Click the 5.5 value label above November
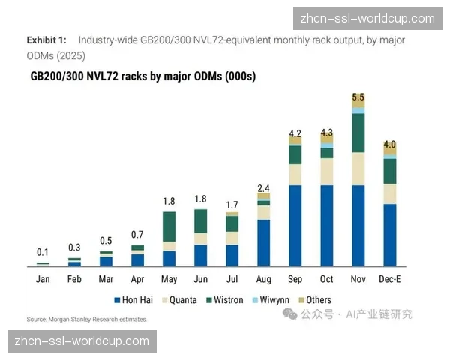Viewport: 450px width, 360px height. pyautogui.click(x=358, y=97)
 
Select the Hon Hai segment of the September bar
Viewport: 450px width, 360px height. pyautogui.click(x=295, y=225)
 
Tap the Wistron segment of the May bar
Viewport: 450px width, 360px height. pyautogui.click(x=169, y=226)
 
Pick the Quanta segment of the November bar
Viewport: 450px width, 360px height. pyautogui.click(x=358, y=169)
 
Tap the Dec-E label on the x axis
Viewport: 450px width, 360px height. pyautogui.click(x=389, y=279)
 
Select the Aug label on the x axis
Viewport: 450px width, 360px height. pyautogui.click(x=263, y=279)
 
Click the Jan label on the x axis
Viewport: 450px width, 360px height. pyautogui.click(x=43, y=279)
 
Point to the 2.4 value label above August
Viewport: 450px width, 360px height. pyautogui.click(x=263, y=187)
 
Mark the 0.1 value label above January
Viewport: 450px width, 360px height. pyautogui.click(x=43, y=253)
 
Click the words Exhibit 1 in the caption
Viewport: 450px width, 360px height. pyautogui.click(x=46, y=40)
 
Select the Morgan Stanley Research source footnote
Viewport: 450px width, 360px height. pyautogui.click(x=87, y=319)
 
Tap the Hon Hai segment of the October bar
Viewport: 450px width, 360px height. pyautogui.click(x=326, y=225)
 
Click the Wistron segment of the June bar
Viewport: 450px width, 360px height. pyautogui.click(x=200, y=221)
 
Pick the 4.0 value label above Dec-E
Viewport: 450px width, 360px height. pyautogui.click(x=389, y=145)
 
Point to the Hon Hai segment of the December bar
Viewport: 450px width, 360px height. pyautogui.click(x=389, y=235)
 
